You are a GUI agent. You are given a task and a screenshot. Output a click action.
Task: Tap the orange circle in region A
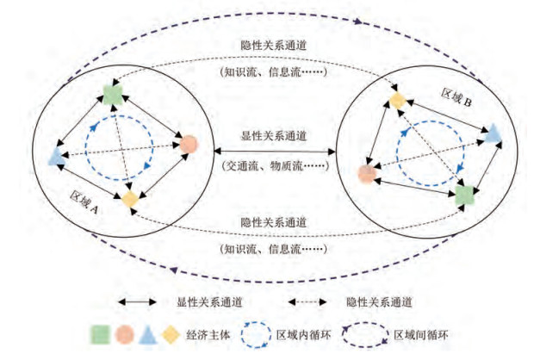(x=189, y=145)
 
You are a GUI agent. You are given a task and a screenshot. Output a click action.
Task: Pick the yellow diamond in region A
(x=129, y=199)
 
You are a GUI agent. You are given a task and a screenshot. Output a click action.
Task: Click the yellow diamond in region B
(x=396, y=101)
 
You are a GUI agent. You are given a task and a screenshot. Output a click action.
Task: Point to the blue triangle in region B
(x=492, y=133)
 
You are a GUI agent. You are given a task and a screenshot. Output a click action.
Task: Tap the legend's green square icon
(x=98, y=332)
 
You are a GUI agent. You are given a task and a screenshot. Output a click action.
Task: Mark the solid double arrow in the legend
(x=141, y=302)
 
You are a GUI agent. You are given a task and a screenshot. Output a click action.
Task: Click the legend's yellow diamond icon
(x=171, y=332)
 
